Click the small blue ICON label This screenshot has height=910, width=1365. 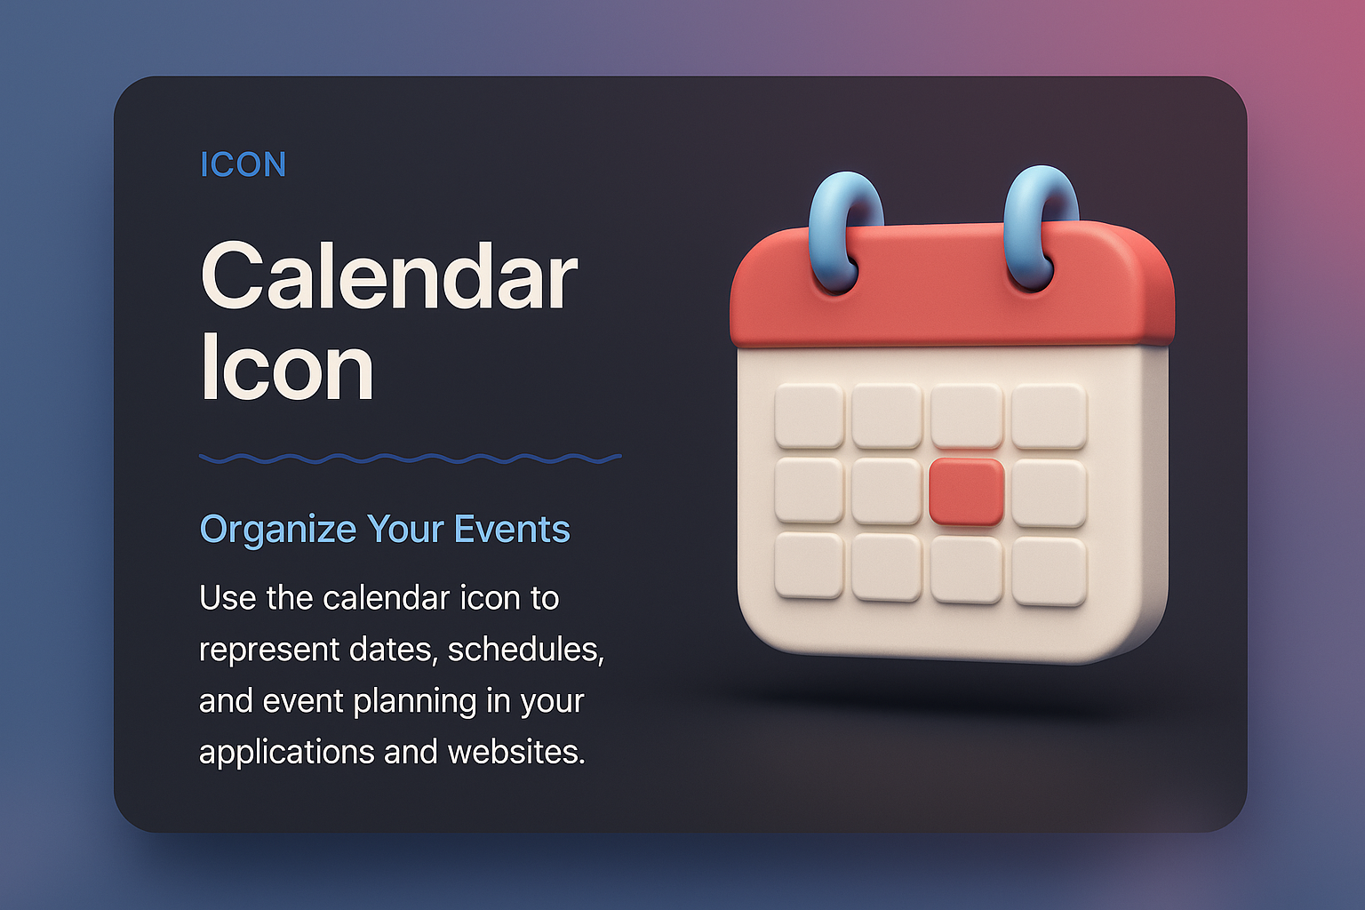tap(243, 164)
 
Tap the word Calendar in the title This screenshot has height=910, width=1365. tap(388, 276)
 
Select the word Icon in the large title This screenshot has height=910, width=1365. tap(287, 367)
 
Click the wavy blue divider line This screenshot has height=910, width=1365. tap(410, 459)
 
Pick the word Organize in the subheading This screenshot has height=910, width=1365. tap(278, 529)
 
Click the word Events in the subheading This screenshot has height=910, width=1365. tap(512, 529)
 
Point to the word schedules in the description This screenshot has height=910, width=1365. tap(526, 649)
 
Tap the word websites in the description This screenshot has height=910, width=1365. tap(516, 752)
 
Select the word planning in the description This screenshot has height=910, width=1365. tap(414, 701)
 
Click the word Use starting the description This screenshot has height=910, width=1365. tap(227, 598)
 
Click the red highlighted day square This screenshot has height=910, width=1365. tap(967, 491)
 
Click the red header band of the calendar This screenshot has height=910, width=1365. tap(953, 286)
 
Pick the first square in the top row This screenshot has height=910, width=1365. tap(810, 416)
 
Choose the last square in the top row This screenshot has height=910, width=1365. tap(1050, 416)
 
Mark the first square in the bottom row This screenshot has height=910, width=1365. tap(810, 565)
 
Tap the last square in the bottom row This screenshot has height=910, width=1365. tap(1050, 571)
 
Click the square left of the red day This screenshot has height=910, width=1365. tap(887, 491)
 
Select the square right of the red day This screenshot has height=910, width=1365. tap(1050, 493)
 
